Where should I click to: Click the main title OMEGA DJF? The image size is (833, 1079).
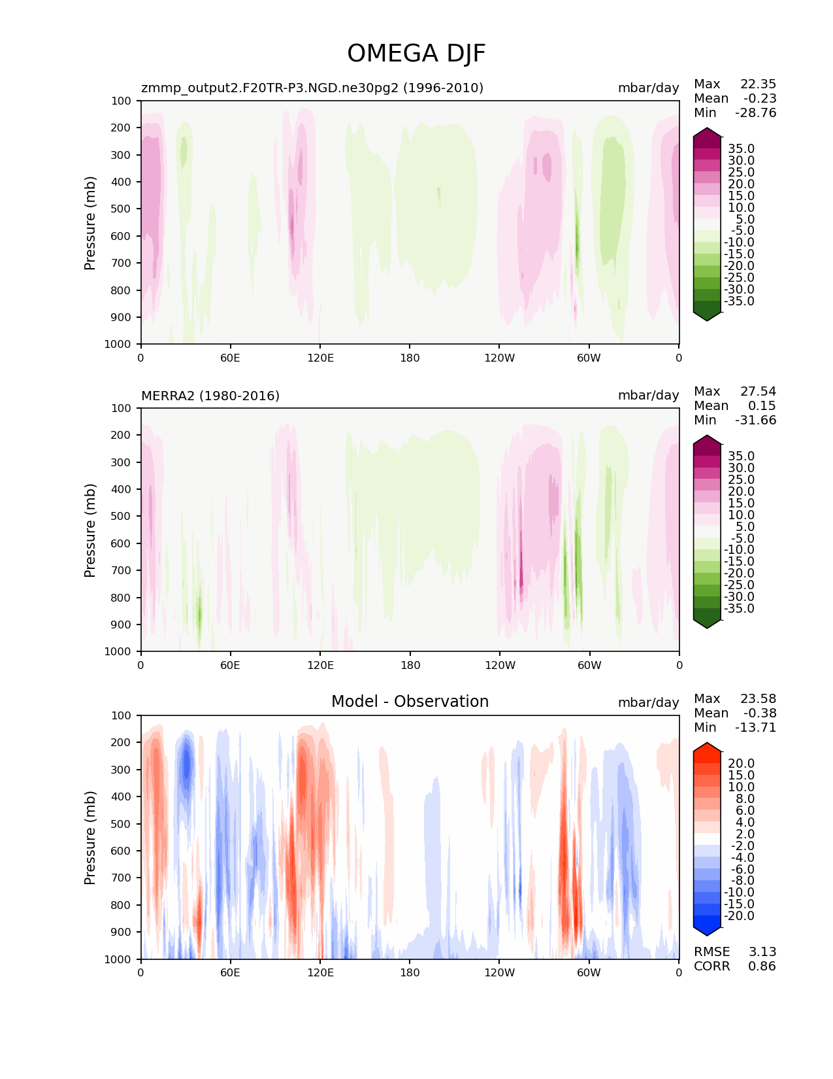click(x=416, y=53)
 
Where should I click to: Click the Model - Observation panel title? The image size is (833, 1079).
click(x=410, y=701)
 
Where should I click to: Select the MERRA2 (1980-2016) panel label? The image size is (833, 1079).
click(x=210, y=396)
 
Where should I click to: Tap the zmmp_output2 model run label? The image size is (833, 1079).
click(x=312, y=88)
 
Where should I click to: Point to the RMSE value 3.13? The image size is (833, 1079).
click(x=762, y=951)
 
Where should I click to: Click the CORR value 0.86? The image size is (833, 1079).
click(x=762, y=966)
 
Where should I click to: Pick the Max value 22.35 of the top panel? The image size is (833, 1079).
click(x=758, y=84)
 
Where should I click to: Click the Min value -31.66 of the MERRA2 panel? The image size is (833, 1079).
click(x=756, y=420)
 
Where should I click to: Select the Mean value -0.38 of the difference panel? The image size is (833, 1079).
click(x=760, y=713)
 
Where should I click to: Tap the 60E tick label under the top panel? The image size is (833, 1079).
click(x=230, y=358)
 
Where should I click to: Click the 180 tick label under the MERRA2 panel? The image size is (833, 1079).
click(x=410, y=665)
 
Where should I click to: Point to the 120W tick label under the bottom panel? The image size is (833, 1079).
click(x=500, y=973)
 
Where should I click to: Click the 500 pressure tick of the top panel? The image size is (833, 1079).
click(x=121, y=209)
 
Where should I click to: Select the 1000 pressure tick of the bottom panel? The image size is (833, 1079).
click(x=118, y=959)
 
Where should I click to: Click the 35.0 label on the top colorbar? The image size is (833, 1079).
click(x=741, y=148)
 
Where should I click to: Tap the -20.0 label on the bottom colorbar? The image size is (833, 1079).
click(x=739, y=916)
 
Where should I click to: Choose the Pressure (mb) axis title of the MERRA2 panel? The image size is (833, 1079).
click(x=90, y=530)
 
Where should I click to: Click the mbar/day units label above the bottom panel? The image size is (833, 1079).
click(x=649, y=702)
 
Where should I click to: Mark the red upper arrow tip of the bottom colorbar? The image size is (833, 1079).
click(x=706, y=743)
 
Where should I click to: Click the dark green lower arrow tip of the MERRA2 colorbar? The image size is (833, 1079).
click(x=706, y=628)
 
